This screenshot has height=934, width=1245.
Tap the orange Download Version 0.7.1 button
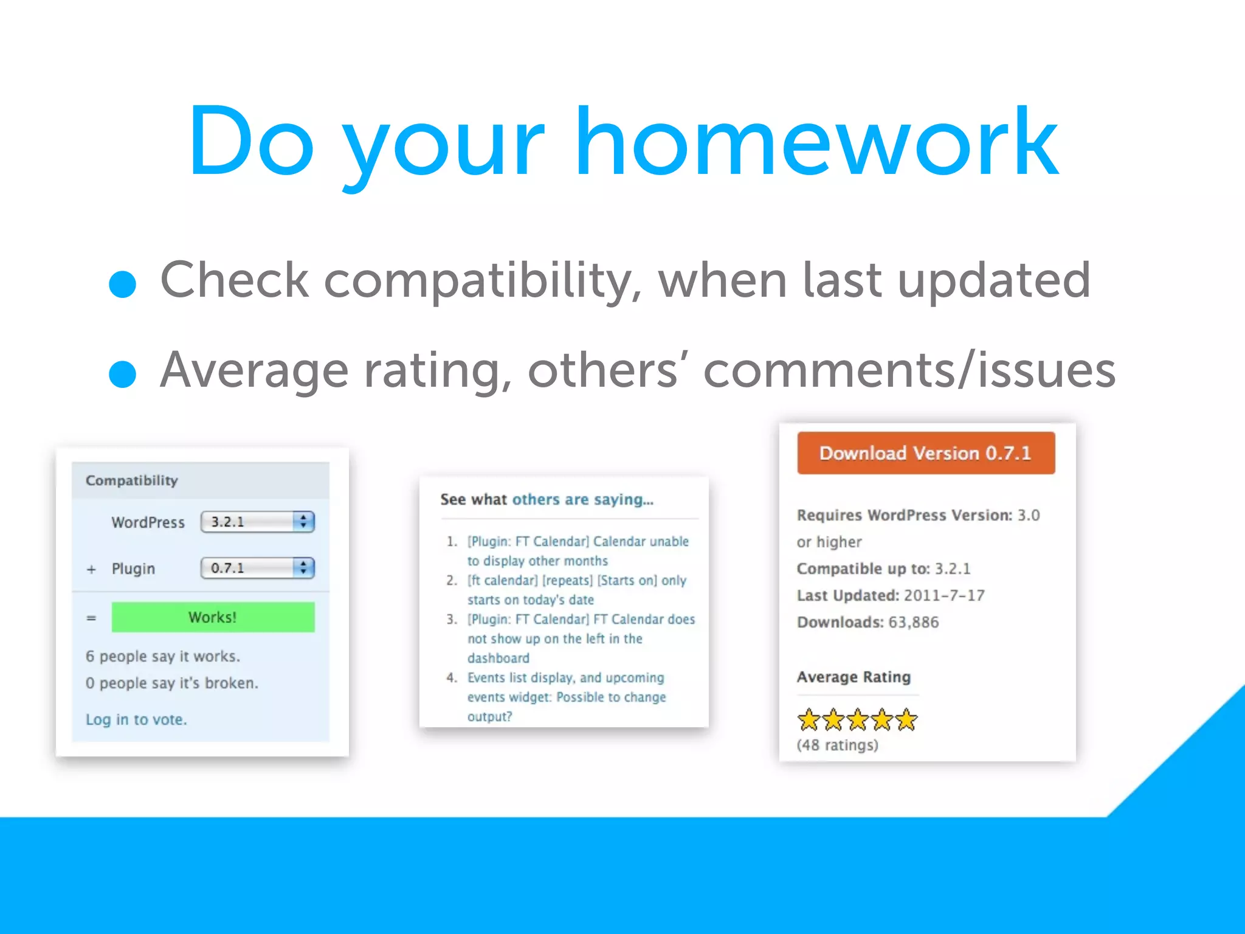[925, 453]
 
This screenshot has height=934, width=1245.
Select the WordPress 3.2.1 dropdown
[257, 522]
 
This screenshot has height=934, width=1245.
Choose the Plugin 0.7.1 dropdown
[257, 568]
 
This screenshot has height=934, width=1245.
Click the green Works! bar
[213, 617]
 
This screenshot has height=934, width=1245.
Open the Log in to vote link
[136, 719]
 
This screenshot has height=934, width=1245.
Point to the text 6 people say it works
[163, 656]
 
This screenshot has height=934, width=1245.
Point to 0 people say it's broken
[172, 683]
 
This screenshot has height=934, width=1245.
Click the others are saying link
[582, 499]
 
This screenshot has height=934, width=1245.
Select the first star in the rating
[809, 720]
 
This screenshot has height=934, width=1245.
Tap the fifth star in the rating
[906, 720]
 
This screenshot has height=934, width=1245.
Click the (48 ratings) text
[837, 745]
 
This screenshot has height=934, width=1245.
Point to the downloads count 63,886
[913, 622]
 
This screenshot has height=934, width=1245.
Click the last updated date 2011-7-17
[943, 595]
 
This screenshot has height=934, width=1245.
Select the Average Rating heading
[854, 677]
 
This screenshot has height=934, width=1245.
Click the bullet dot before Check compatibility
[122, 284]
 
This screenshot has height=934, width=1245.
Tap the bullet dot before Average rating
[122, 374]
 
